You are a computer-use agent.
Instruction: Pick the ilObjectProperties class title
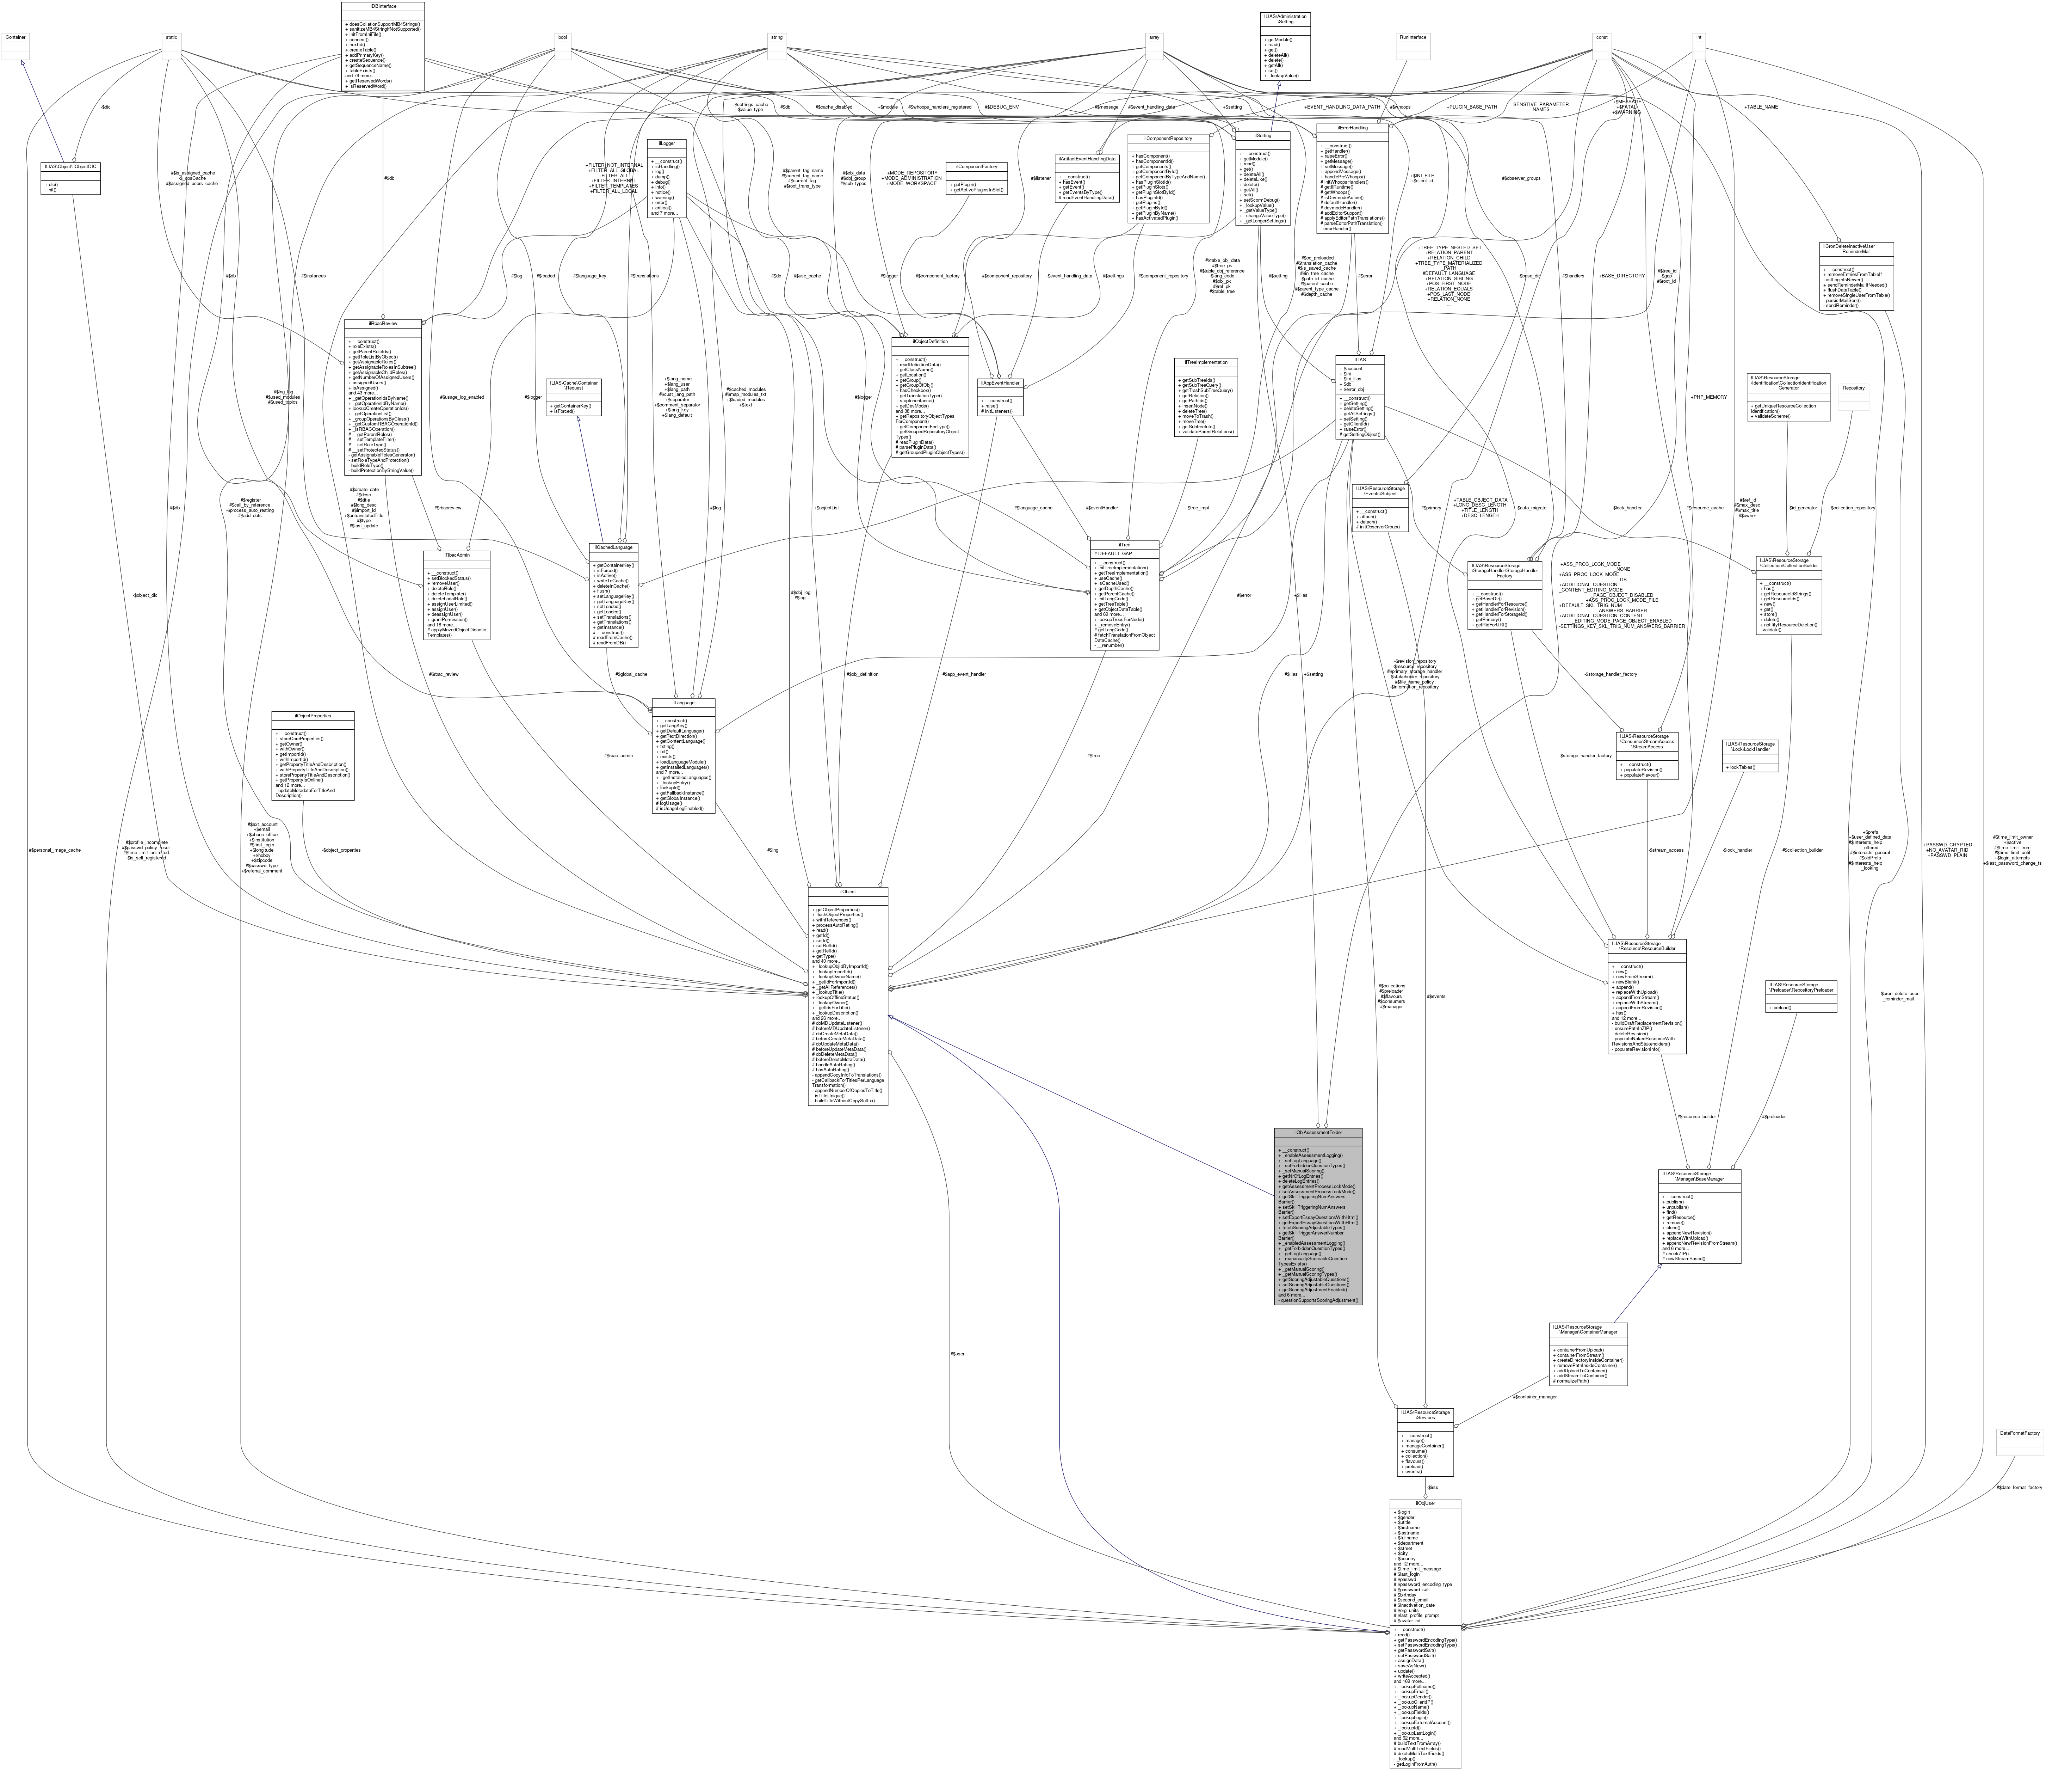click(x=312, y=716)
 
